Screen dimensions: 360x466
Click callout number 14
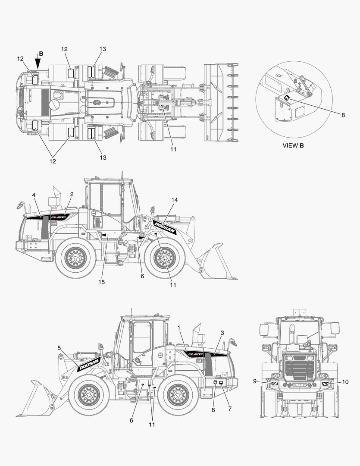[174, 200]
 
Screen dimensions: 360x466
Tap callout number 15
[102, 282]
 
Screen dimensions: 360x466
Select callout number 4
[34, 195]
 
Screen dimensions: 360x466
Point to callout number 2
[72, 194]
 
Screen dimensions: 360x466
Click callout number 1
[179, 327]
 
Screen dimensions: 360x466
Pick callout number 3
[222, 333]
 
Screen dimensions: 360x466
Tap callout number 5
[59, 347]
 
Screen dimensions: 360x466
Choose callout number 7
[230, 409]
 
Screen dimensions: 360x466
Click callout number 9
[255, 381]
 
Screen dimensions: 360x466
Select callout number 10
[345, 382]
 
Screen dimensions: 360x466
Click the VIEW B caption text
[293, 146]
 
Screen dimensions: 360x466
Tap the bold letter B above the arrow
[41, 54]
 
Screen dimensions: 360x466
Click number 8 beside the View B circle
[343, 115]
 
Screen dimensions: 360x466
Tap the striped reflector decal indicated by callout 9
[274, 384]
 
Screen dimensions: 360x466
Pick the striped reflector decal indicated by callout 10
[325, 384]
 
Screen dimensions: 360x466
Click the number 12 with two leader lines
[53, 161]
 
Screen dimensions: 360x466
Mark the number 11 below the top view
[173, 149]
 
